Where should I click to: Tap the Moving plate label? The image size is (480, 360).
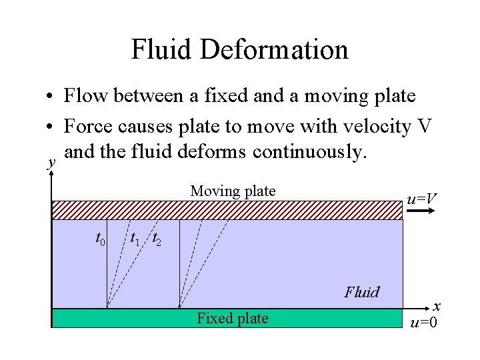(233, 191)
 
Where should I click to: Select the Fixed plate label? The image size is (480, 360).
(233, 319)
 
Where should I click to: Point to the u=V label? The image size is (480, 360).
(422, 199)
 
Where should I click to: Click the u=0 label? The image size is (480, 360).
(424, 324)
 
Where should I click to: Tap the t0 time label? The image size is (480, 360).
(101, 238)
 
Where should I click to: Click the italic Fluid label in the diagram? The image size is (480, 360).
(361, 292)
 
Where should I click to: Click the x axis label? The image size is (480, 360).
(437, 307)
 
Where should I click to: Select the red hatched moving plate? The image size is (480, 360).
(227, 210)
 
